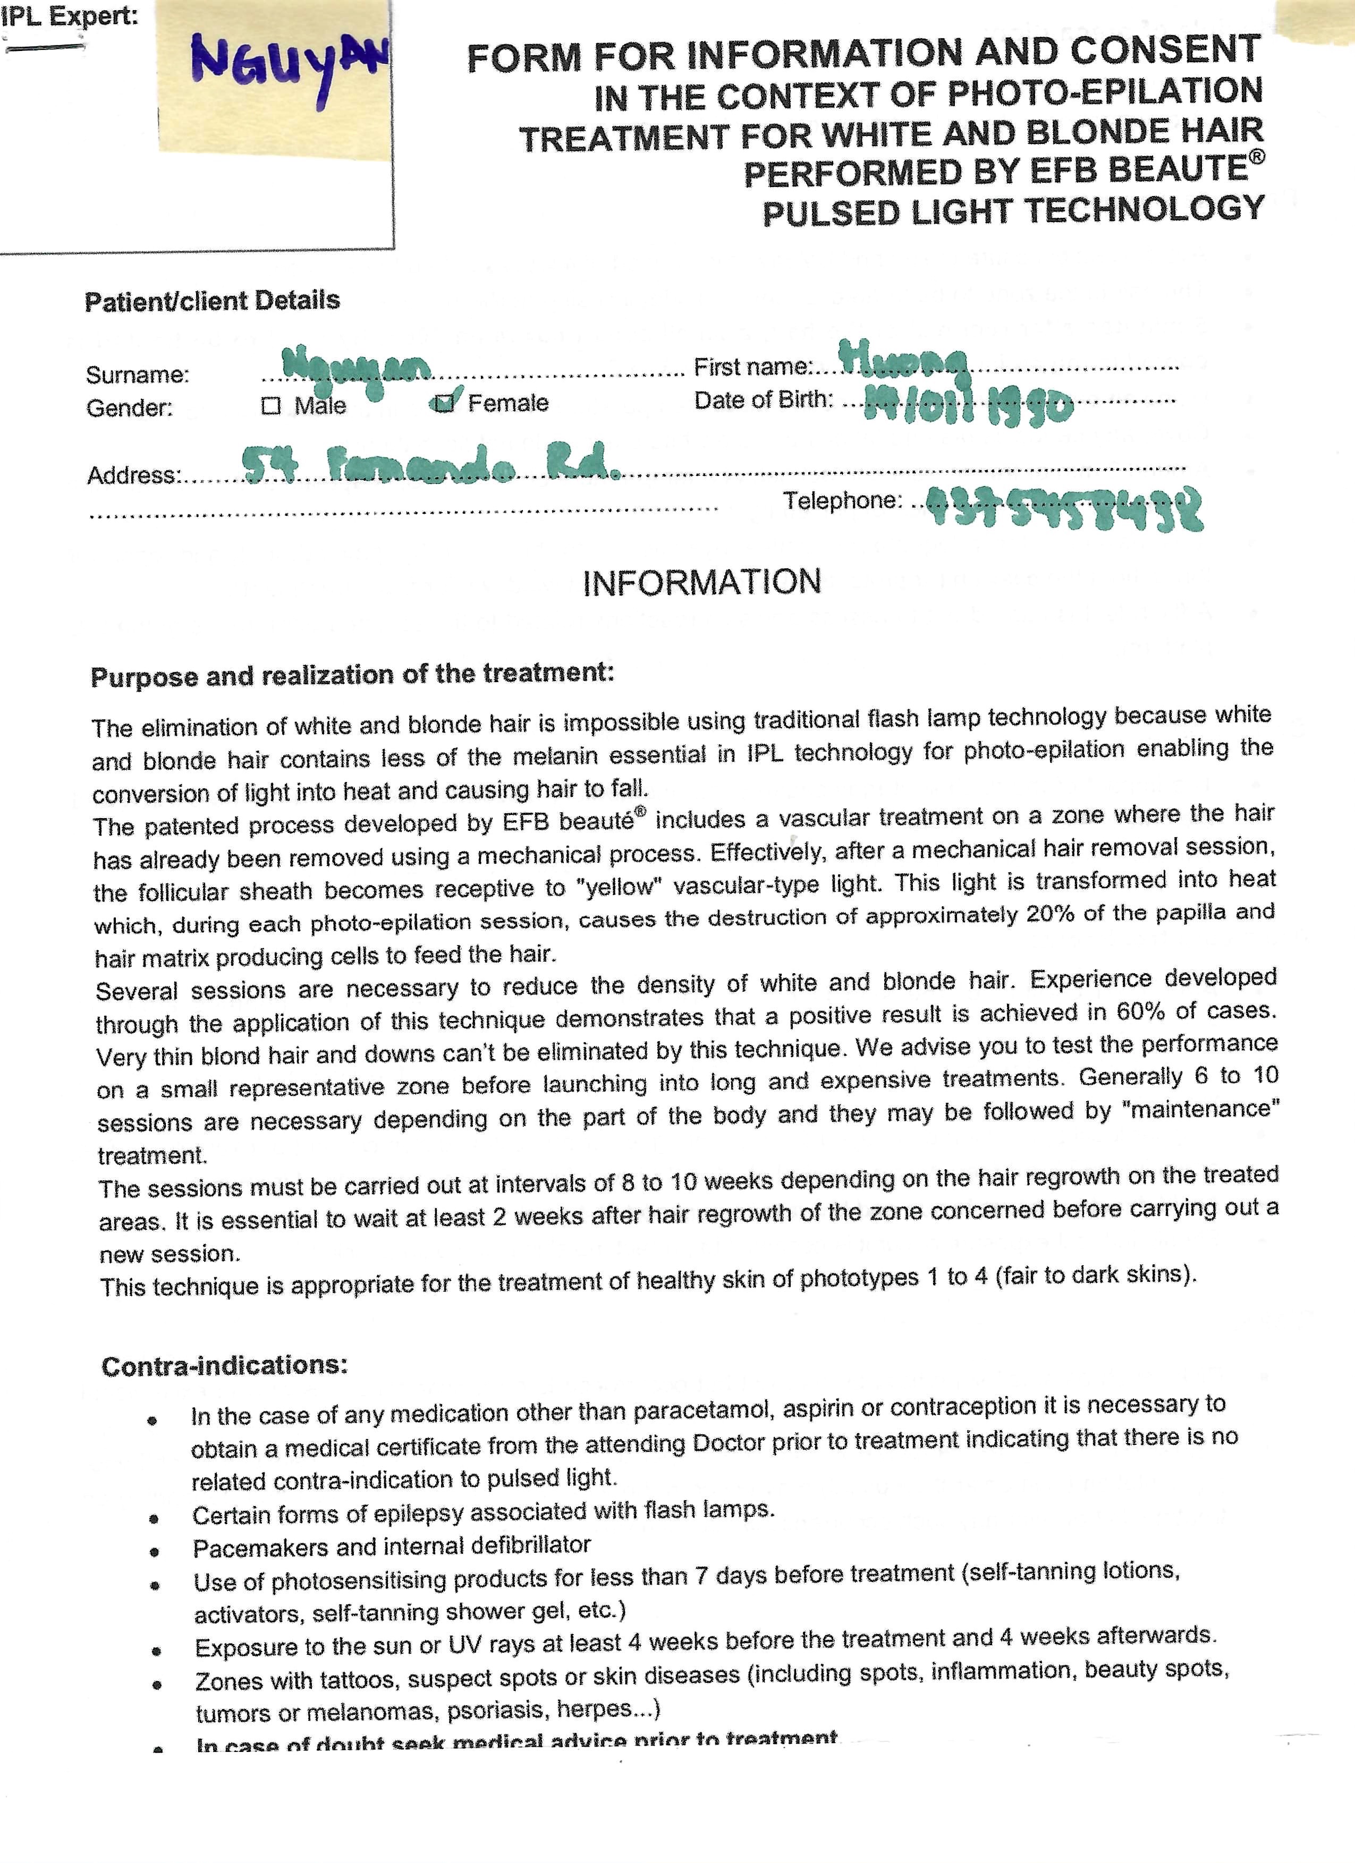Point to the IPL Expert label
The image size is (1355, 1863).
[x=69, y=16]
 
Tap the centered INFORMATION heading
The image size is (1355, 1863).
[x=702, y=582]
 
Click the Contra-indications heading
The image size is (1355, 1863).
[x=224, y=1366]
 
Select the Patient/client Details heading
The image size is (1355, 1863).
[x=212, y=301]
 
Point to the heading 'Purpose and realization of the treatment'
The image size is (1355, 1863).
[x=352, y=675]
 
